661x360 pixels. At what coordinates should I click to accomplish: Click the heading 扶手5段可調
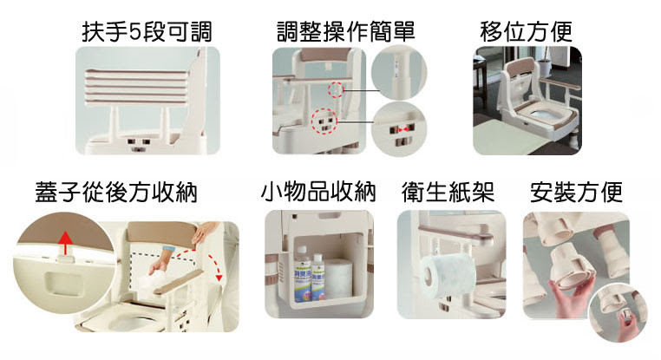click(147, 32)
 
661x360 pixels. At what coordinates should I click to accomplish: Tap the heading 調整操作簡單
click(345, 32)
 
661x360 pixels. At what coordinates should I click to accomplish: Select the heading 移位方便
click(526, 32)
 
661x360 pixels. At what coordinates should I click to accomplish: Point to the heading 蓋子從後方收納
click(116, 193)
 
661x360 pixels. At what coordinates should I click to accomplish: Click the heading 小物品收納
click(318, 192)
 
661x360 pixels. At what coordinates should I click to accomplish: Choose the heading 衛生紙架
click(448, 193)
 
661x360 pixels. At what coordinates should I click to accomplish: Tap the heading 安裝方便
click(576, 193)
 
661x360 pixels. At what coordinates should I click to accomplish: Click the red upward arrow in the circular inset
click(65, 243)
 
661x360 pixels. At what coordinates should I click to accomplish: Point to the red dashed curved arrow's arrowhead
click(219, 277)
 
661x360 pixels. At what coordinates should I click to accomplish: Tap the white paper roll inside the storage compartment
click(338, 278)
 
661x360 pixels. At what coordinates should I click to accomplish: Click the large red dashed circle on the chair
click(324, 121)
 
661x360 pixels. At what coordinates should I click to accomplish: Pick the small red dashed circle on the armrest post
click(337, 90)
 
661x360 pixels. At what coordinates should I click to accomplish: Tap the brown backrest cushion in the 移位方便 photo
click(523, 67)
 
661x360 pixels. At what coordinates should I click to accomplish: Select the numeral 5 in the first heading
click(134, 32)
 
